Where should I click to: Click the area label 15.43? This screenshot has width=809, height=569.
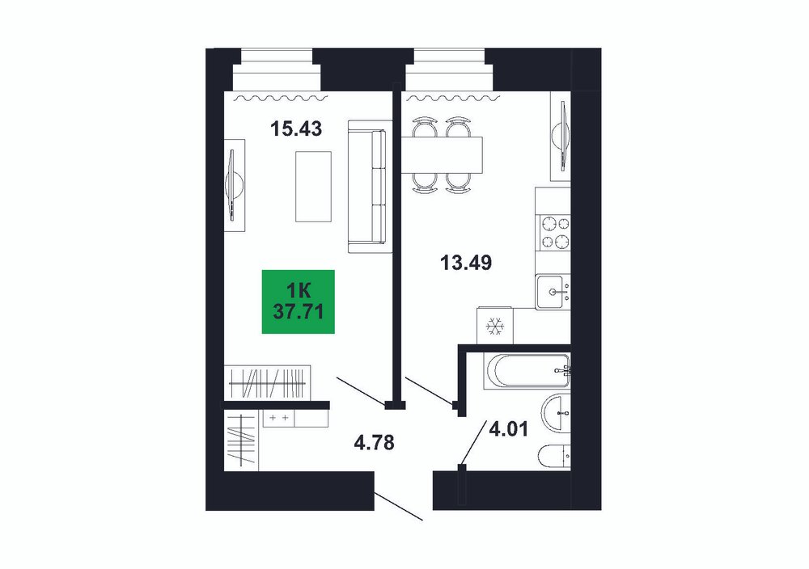tap(296, 129)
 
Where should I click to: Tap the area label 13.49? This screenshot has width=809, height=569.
tap(466, 263)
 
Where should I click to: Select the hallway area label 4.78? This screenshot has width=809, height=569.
tap(374, 442)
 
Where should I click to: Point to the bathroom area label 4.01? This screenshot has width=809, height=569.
tap(508, 429)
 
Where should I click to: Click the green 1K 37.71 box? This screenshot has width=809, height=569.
tap(299, 301)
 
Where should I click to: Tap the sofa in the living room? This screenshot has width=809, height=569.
tap(367, 186)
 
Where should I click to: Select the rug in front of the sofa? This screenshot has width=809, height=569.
tap(313, 187)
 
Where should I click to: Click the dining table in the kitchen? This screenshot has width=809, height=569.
tap(442, 154)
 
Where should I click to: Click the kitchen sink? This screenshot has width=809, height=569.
tap(553, 293)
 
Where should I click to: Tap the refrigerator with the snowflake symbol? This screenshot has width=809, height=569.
tap(495, 326)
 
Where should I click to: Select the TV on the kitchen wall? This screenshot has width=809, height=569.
tap(561, 136)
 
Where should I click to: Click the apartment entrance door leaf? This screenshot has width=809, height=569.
tap(398, 507)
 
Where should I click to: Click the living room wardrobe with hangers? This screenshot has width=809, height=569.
tap(268, 382)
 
